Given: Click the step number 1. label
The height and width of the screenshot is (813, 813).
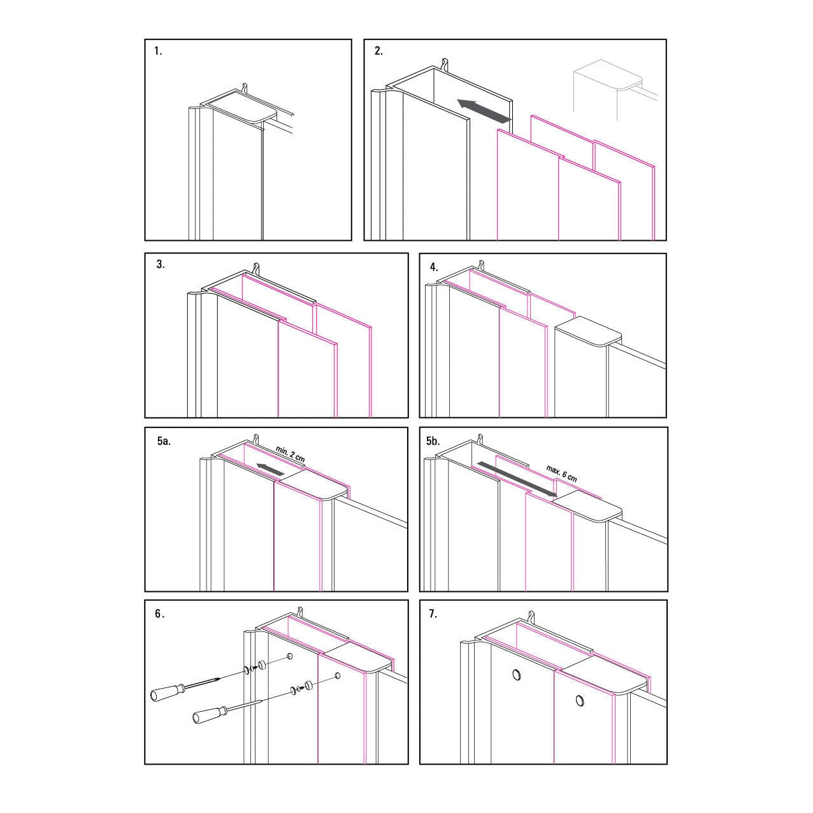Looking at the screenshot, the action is click(158, 52).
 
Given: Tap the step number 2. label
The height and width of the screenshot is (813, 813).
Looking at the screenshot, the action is click(378, 51).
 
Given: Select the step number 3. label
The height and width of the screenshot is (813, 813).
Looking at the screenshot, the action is click(161, 264).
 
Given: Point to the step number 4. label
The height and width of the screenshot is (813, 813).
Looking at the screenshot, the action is click(434, 267).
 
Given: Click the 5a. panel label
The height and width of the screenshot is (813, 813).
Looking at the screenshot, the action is click(164, 442).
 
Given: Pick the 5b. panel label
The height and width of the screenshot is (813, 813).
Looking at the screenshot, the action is click(433, 442).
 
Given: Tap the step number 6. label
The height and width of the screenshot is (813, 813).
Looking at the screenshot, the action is click(160, 614).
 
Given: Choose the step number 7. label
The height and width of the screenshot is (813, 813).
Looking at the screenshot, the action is click(433, 614).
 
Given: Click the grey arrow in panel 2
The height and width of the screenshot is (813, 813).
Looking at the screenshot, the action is click(484, 110).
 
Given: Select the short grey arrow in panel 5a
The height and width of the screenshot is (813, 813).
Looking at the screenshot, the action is click(270, 469).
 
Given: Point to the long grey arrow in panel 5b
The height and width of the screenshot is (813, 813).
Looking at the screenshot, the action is click(517, 479).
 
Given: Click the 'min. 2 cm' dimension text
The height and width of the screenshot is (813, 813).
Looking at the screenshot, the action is click(291, 454).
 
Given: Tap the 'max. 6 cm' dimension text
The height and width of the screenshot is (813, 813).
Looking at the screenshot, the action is click(561, 473).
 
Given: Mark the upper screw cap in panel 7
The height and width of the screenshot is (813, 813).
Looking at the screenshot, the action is click(516, 675).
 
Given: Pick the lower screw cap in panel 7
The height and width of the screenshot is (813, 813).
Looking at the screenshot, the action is click(580, 701).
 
